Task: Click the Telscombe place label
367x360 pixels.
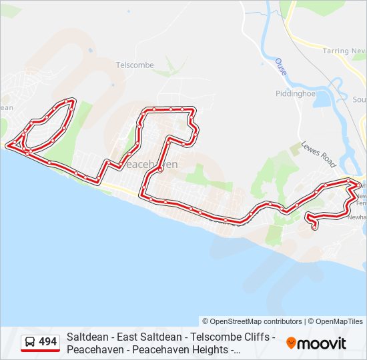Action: tap(135, 65)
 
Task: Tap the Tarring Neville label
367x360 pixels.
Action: tap(346, 51)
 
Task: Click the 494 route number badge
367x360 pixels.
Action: tap(47, 342)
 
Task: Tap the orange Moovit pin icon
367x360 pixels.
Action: tap(291, 343)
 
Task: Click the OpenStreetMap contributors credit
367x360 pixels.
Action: tap(252, 321)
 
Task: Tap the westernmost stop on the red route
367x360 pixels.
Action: tap(8, 145)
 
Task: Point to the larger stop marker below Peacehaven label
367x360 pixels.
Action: tap(161, 171)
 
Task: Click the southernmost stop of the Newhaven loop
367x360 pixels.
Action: tap(314, 228)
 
